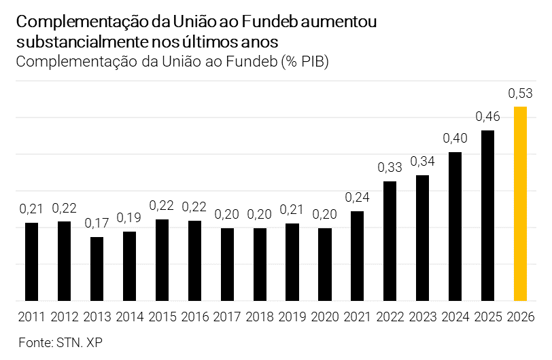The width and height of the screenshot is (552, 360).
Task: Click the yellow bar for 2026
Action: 520,203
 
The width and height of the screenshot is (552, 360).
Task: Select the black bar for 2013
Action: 97,268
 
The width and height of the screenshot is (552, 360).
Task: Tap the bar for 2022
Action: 390,240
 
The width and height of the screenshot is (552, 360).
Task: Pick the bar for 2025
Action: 487,215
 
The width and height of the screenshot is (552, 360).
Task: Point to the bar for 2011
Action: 32,262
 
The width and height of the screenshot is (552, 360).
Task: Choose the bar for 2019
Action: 292,262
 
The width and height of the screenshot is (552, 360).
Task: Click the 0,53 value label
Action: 520,92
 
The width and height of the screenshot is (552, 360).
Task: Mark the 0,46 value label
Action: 487,116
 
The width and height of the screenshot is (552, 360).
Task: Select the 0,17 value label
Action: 97,223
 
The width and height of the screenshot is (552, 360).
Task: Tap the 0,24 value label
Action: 357,197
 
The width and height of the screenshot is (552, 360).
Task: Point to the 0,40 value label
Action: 455,138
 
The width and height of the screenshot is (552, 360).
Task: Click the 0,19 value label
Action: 129,217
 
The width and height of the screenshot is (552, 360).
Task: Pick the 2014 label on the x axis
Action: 129,317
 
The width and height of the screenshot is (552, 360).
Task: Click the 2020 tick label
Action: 324,317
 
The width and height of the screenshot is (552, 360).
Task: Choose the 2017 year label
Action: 227,317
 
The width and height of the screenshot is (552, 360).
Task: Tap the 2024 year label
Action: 455,317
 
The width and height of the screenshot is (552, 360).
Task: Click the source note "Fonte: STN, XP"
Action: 61,342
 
